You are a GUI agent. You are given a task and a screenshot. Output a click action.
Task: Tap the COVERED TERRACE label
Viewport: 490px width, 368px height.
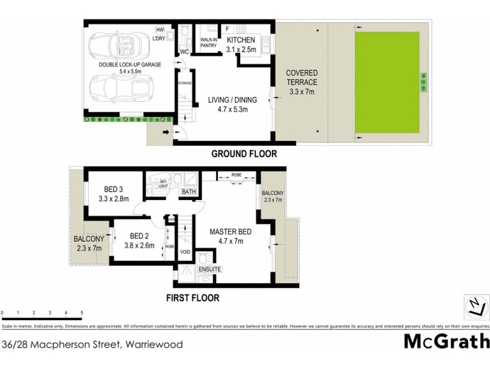point(301,82)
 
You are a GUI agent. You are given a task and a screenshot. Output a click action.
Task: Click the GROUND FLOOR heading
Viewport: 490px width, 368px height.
point(244,154)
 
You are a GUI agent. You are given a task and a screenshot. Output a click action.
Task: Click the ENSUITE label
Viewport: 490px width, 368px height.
point(209,269)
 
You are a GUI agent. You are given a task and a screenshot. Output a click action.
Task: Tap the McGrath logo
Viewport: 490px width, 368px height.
point(447,341)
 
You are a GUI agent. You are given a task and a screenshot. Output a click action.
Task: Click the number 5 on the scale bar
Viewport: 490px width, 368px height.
point(81,313)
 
